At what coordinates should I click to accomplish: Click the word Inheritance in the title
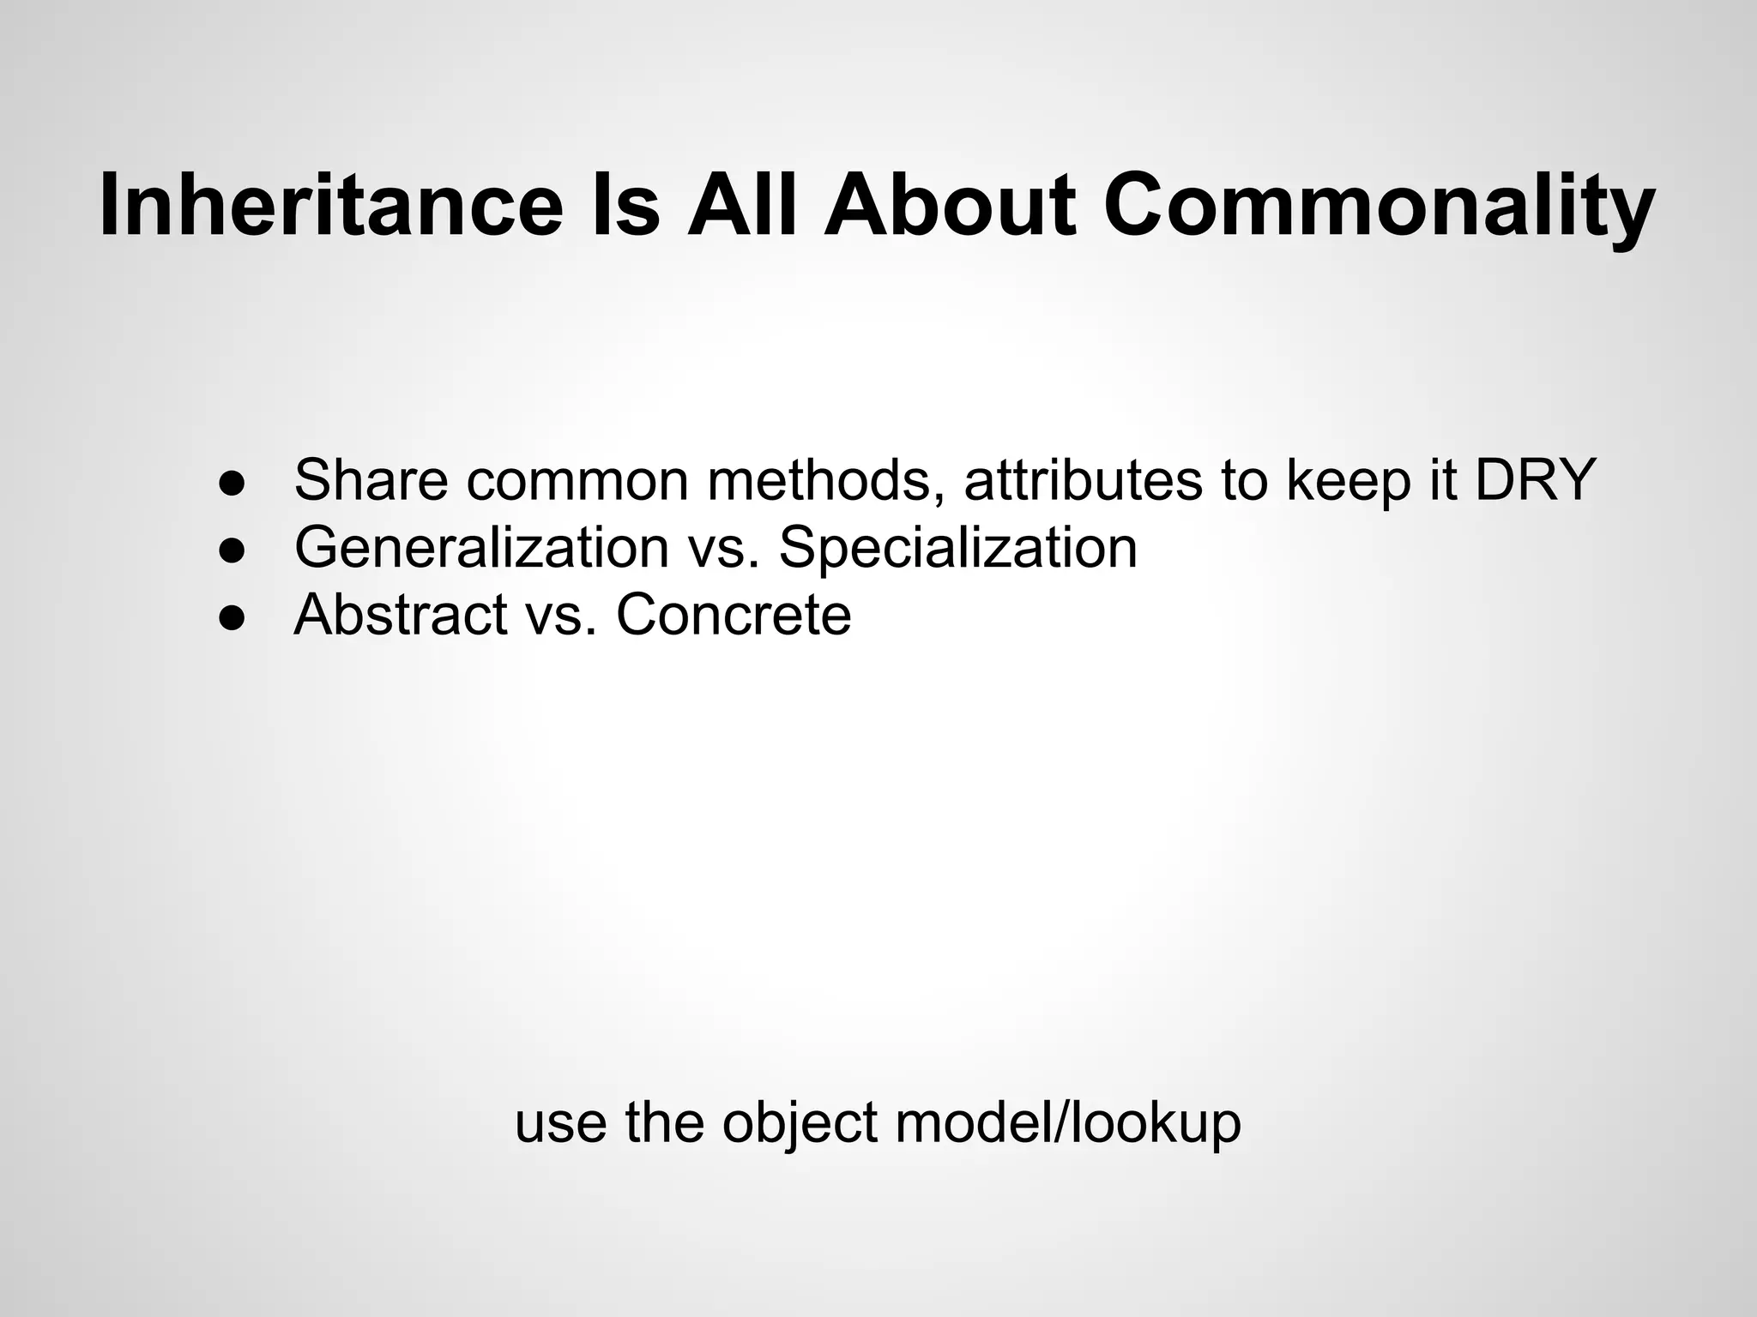(x=331, y=206)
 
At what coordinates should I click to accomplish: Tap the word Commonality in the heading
(x=1378, y=206)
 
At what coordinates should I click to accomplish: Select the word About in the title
(x=949, y=206)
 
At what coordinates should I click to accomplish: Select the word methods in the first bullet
(x=828, y=480)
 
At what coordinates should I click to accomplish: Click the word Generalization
(x=481, y=547)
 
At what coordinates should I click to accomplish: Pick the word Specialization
(x=957, y=547)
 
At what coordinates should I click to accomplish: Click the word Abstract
(x=401, y=615)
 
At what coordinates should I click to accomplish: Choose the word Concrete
(x=734, y=615)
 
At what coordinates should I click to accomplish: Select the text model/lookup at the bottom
(x=1067, y=1123)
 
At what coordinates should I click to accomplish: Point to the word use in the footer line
(x=561, y=1123)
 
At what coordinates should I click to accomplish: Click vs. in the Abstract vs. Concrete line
(x=561, y=615)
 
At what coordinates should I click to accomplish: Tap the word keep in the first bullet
(x=1348, y=480)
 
